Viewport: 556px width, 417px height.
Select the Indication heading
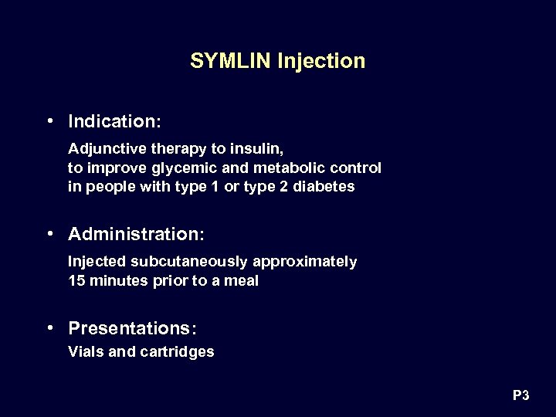[114, 121]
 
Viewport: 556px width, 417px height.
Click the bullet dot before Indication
[49, 120]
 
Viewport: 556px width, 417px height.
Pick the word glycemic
[175, 168]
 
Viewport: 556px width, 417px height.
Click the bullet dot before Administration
[49, 232]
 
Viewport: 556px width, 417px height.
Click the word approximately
[315, 262]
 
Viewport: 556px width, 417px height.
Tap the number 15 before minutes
[76, 281]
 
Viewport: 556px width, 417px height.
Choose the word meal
[242, 281]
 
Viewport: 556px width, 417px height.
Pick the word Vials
[86, 352]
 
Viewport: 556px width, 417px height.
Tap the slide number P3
[520, 396]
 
